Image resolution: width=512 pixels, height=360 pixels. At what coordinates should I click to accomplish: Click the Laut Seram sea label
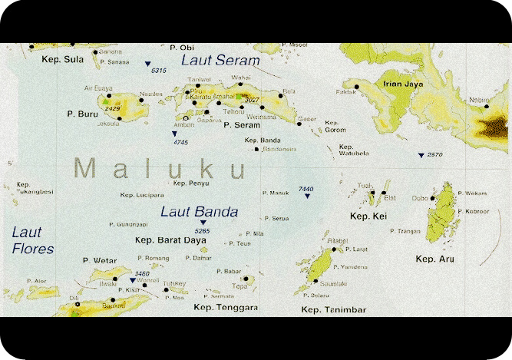click(220, 60)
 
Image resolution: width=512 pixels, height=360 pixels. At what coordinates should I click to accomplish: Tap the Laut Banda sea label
click(199, 212)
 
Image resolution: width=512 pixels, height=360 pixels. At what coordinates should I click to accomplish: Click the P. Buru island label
click(79, 114)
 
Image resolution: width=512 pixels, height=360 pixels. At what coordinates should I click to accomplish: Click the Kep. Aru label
click(435, 259)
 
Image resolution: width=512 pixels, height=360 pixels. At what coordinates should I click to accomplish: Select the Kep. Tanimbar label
click(333, 309)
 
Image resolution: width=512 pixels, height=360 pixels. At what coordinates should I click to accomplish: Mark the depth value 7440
click(306, 188)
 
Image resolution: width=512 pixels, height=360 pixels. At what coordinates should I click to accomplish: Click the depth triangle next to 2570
click(421, 156)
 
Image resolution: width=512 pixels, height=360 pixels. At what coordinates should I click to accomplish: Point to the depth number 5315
click(159, 71)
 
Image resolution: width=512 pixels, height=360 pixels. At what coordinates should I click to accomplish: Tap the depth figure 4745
click(181, 142)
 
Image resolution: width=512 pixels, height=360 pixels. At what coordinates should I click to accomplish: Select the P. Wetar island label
click(97, 261)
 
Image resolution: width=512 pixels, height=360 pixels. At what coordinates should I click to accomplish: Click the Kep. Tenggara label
click(227, 307)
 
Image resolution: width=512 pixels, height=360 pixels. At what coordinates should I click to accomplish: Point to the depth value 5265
click(203, 230)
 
